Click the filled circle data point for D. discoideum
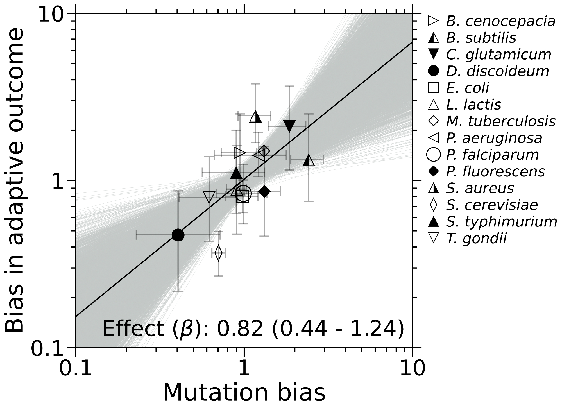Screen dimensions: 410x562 (x=178, y=235)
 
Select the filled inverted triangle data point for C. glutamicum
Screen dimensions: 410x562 (x=289, y=126)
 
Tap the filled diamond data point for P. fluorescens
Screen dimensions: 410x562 (x=264, y=192)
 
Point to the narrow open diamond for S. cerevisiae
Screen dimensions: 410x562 (x=218, y=253)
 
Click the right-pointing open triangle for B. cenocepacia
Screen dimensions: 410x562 (x=240, y=153)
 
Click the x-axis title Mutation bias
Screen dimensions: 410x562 (x=244, y=393)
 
